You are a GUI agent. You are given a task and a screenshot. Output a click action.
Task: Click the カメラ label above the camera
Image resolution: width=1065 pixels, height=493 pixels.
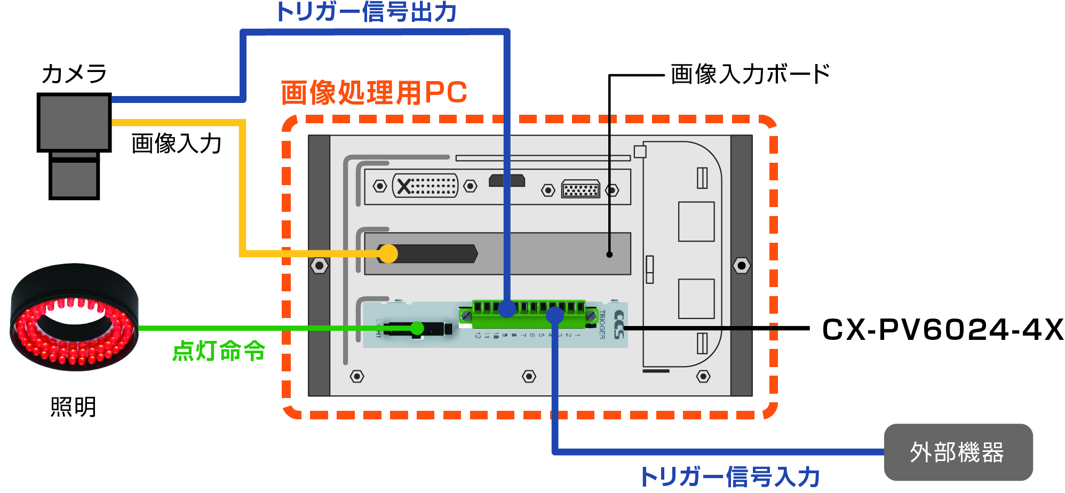point(74,74)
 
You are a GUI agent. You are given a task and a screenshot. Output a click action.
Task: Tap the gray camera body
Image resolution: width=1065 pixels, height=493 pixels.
point(74,123)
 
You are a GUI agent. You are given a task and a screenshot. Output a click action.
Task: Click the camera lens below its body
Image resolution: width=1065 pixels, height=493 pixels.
point(74,179)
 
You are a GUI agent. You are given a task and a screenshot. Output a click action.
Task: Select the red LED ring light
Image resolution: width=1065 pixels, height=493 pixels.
point(74,317)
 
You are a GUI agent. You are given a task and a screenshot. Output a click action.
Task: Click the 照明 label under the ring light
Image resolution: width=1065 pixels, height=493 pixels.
point(73,407)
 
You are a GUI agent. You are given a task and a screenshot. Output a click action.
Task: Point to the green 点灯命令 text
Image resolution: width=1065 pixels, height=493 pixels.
point(219,351)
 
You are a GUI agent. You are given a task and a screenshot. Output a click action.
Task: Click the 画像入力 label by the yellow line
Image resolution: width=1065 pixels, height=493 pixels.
point(177,144)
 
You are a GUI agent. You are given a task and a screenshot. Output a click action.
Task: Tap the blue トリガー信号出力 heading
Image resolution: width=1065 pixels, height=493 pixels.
point(366,12)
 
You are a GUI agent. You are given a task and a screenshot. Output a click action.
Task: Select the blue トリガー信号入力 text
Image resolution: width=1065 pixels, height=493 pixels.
point(730,476)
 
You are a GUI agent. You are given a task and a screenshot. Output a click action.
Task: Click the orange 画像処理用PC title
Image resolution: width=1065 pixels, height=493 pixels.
point(374,93)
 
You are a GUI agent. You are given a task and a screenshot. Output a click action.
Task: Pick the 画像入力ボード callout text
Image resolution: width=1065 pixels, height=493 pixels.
point(750,74)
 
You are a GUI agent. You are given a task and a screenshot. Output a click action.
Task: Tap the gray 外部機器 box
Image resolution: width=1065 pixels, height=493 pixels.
point(958,452)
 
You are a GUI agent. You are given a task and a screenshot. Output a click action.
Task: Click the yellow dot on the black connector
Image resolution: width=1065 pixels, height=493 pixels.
point(388,253)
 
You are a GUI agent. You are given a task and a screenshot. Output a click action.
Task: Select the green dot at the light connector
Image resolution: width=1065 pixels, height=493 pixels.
point(417,328)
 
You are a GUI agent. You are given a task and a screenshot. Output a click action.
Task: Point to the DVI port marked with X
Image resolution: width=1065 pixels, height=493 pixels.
point(425,186)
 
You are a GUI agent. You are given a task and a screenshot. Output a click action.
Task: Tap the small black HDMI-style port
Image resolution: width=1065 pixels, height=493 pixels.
point(507,181)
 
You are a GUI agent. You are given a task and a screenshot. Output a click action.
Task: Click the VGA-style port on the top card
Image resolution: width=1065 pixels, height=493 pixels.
point(581,189)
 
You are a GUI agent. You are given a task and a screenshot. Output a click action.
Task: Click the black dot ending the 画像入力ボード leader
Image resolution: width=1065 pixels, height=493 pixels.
point(609,255)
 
